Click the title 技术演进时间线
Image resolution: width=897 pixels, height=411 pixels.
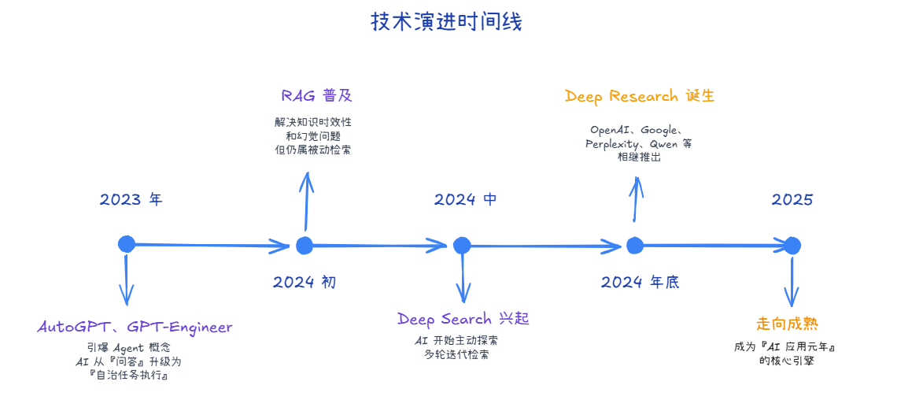446,22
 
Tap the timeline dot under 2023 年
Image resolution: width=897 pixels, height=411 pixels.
126,244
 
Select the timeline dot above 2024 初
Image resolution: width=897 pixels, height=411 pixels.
305,245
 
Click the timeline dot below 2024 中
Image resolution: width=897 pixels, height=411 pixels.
461,246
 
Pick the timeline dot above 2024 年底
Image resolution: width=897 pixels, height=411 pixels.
635,246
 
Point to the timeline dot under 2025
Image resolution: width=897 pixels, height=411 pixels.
792,246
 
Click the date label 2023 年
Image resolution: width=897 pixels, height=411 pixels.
131,199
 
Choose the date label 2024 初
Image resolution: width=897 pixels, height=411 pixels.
305,282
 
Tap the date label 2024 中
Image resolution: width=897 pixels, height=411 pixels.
465,199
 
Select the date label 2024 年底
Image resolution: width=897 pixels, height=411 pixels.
640,282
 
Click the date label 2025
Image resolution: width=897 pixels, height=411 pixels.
792,199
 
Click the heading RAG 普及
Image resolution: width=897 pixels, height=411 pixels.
316,96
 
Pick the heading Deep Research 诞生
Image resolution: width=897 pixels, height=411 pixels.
639,96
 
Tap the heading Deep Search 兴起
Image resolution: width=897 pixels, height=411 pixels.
463,319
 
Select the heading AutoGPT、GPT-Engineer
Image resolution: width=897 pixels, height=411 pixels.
135,327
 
